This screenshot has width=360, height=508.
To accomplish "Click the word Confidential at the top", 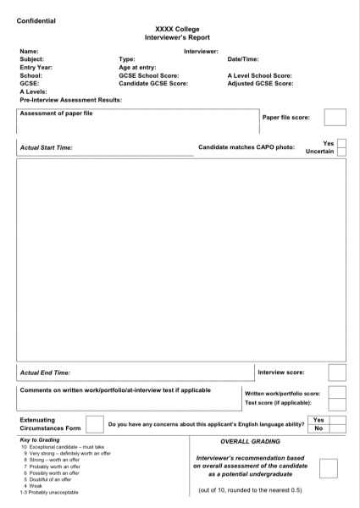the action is pos(39,20).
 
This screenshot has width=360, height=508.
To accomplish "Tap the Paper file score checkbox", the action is pos(335,118).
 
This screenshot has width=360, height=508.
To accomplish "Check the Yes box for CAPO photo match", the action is pos(341,143).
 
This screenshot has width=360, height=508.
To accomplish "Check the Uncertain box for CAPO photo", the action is pos(341,152).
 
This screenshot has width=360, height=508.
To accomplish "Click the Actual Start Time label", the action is pos(46,147).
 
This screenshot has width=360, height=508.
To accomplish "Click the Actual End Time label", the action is pos(44,372).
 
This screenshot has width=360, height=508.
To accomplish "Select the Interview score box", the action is pos(337,372).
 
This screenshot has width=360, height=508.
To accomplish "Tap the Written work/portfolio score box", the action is pos(337,393).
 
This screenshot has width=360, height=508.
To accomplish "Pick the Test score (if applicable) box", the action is pos(337,403).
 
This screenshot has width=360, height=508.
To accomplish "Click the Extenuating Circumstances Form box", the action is pos(95,423).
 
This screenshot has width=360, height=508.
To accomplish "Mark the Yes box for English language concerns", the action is pos(318,419).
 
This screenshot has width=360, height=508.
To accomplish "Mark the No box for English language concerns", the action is pos(318,428).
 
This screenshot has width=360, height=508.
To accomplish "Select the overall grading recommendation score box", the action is pos(328,469).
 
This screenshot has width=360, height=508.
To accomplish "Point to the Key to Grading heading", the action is pos(39,441).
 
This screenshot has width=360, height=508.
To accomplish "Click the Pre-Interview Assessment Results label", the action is pos(70,99).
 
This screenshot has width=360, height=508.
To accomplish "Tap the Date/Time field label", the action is pos(243,59).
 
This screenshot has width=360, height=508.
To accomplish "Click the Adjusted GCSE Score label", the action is pos(261,84).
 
